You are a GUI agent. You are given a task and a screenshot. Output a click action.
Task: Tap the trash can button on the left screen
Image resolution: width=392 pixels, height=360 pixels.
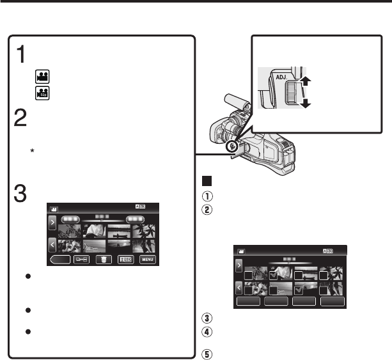[101, 260]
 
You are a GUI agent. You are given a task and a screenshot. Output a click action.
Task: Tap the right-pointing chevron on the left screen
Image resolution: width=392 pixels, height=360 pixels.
[52, 226]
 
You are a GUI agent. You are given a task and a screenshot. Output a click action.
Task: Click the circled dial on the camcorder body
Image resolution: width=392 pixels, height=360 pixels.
[234, 146]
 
